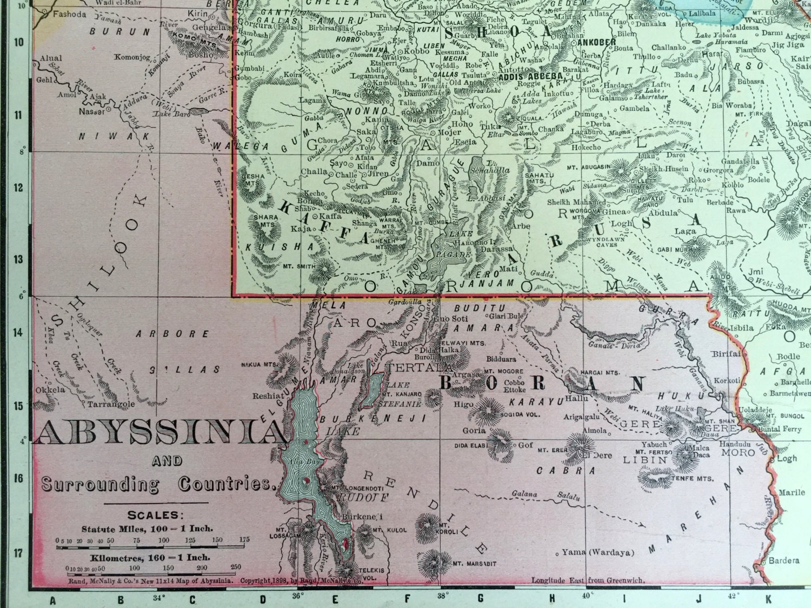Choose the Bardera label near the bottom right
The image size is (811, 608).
tap(783, 560)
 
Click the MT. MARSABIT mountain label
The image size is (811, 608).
tap(474, 564)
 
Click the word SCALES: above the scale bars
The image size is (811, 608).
tap(155, 515)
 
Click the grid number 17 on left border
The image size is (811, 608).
tap(18, 553)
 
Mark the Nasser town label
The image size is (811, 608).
tap(91, 111)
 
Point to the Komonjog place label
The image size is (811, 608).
tap(132, 57)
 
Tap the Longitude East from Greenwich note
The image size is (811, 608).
tap(588, 580)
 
